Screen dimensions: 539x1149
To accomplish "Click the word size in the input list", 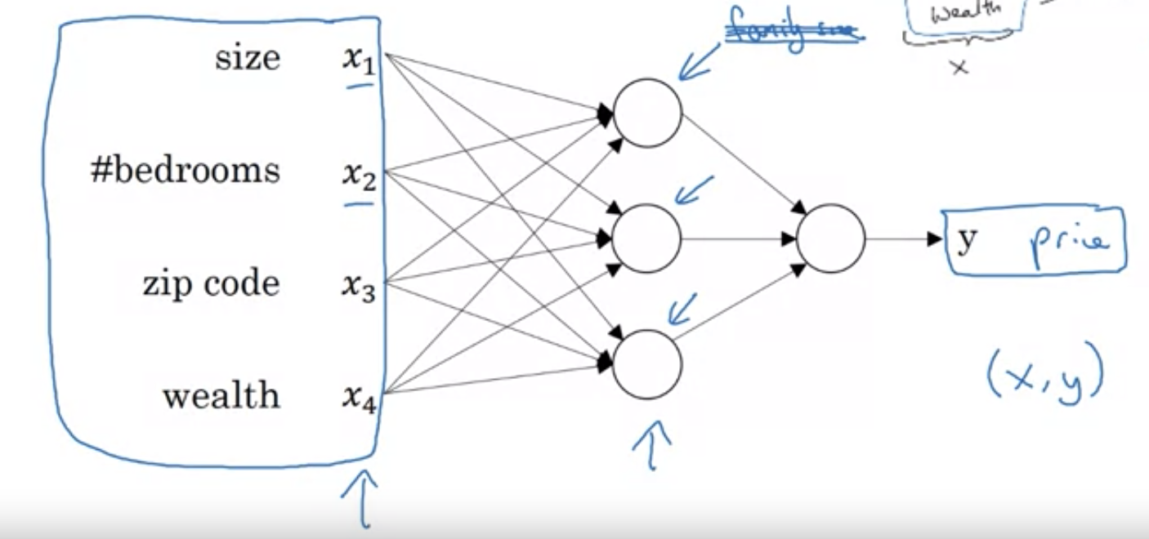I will [x=247, y=59].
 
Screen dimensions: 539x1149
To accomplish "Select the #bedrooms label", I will [x=185, y=171].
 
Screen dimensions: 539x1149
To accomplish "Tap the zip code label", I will [x=211, y=283].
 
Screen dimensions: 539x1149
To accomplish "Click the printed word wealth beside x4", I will [x=221, y=396].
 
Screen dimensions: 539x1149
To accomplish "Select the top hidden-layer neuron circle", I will [x=647, y=114].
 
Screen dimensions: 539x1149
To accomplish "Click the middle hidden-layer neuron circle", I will [x=647, y=238].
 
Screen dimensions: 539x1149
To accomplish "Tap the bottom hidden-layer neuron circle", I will [x=647, y=364].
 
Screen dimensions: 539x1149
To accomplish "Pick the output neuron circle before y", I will [x=830, y=238].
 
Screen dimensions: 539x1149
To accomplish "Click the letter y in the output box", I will [x=967, y=240].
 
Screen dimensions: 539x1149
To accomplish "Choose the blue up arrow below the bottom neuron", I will [x=651, y=445].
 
